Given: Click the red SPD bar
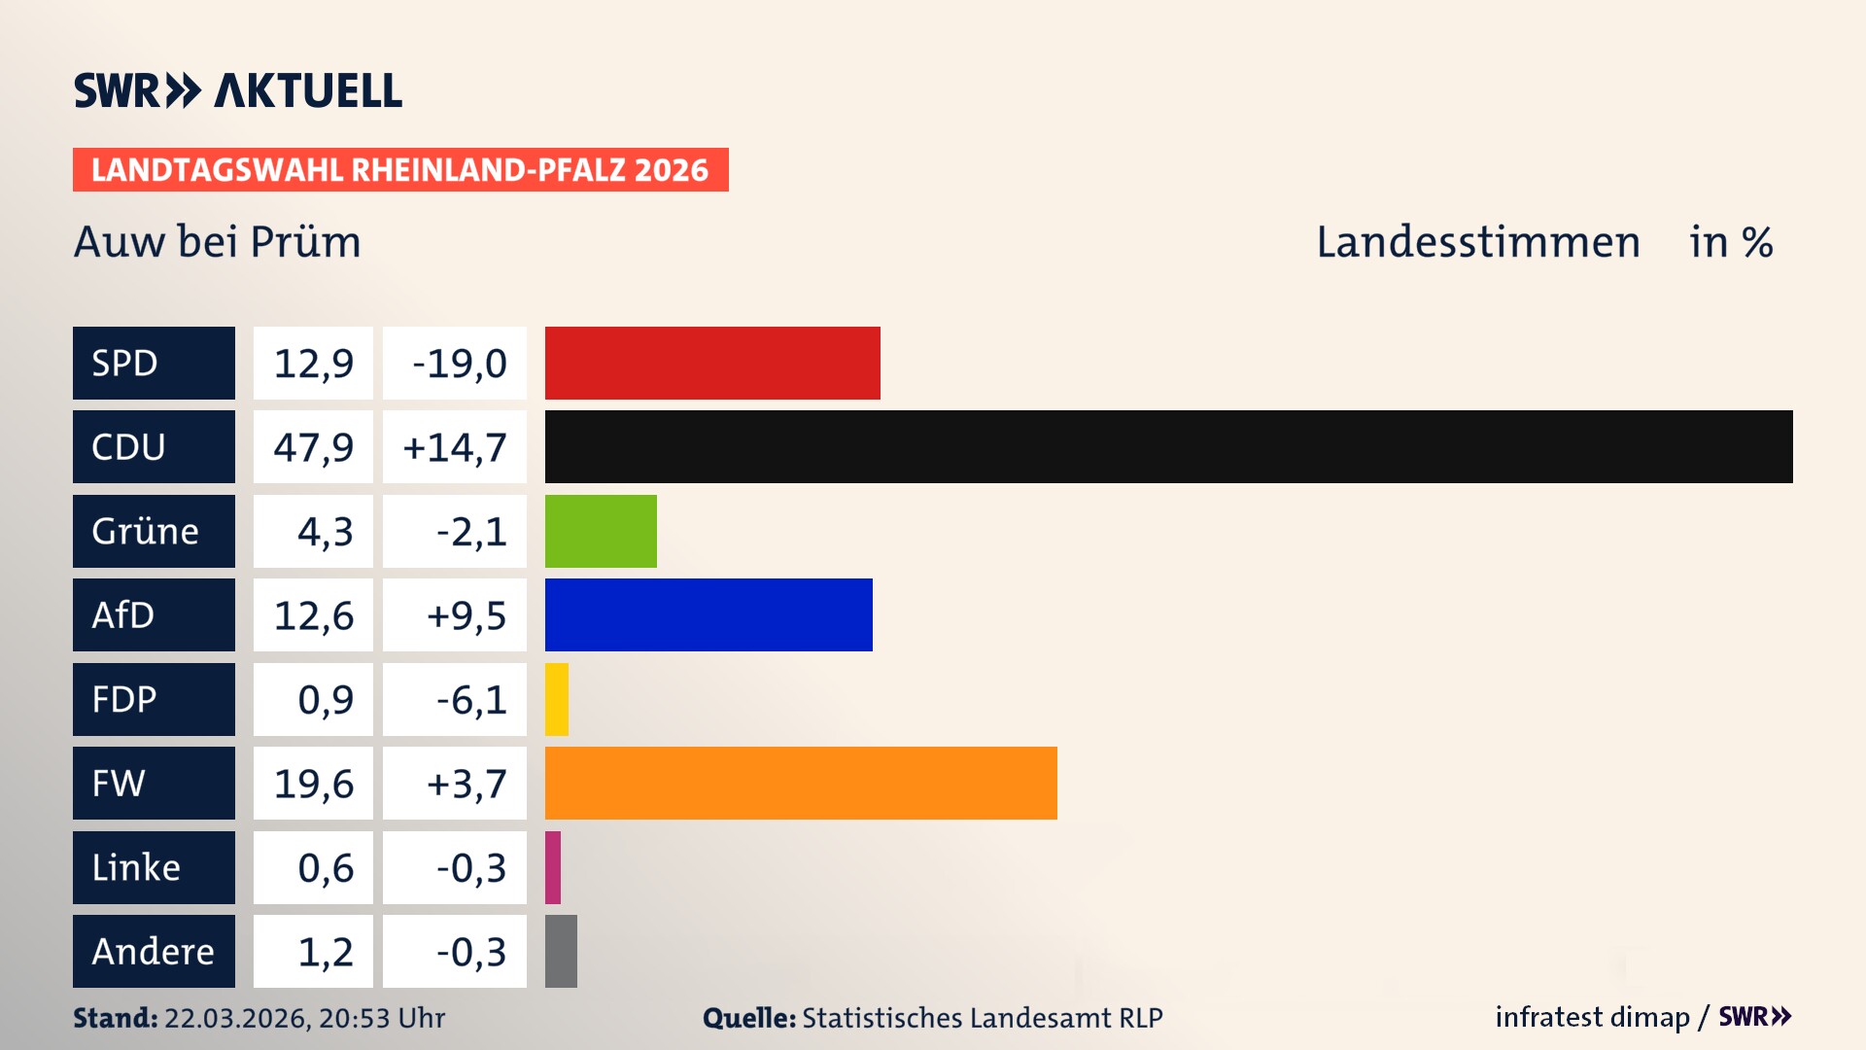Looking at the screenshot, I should click(x=712, y=363).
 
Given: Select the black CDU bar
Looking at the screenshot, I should click(x=1168, y=446).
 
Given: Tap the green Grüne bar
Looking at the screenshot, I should click(x=601, y=531).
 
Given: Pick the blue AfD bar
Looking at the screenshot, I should click(x=708, y=614).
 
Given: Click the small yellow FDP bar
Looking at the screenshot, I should click(x=557, y=699).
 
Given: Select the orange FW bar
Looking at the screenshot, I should click(x=801, y=783).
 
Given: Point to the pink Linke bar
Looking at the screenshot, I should click(x=553, y=867).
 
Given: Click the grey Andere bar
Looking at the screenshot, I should click(x=561, y=951).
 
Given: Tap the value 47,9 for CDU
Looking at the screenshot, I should click(x=313, y=447).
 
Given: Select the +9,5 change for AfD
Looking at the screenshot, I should click(x=466, y=615).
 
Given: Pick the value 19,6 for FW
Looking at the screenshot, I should click(x=313, y=784).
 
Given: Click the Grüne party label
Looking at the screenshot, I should click(x=146, y=531).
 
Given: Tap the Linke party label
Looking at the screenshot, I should click(x=136, y=867).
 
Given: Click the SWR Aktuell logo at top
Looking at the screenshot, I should click(x=237, y=90).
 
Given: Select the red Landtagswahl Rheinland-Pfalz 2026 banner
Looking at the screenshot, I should click(x=400, y=170).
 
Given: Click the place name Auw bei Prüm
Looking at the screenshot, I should click(x=217, y=242).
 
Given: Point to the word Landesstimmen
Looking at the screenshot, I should click(x=1477, y=242).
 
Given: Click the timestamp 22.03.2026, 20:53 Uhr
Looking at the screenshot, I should click(x=304, y=1018).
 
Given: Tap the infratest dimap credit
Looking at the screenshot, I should click(x=1592, y=1017).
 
